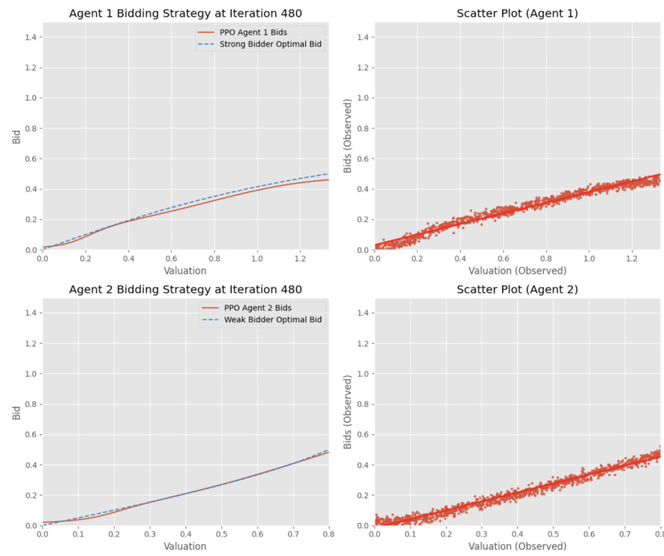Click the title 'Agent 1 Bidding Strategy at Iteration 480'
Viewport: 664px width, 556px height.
(185, 13)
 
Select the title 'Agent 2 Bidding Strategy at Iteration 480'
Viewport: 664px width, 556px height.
(185, 289)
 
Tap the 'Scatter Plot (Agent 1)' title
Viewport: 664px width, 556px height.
(517, 13)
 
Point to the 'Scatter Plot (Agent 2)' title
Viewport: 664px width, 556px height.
(517, 289)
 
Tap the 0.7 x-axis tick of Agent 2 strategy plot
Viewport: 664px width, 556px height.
(292, 533)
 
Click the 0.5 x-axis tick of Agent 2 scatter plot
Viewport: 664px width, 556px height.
(553, 533)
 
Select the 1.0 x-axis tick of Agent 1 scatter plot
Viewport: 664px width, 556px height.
(589, 258)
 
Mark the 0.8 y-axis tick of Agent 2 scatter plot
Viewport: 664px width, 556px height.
(362, 404)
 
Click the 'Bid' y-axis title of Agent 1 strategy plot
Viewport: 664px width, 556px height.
(16, 136)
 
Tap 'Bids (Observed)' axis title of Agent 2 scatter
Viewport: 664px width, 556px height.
(348, 412)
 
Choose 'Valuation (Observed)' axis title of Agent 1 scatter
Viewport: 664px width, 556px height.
(517, 270)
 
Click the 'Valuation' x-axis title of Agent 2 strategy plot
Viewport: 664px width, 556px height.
(185, 546)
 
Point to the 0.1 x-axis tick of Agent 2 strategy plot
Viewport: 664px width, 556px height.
(78, 533)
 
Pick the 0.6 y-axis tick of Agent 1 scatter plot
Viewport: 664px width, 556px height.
(362, 159)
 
